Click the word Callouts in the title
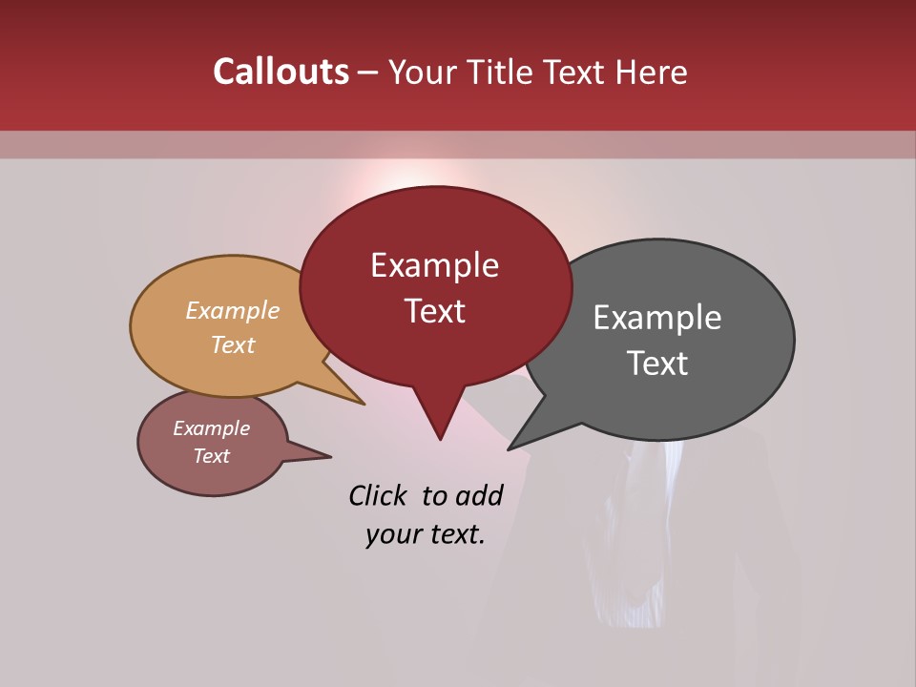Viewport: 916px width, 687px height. pyautogui.click(x=281, y=72)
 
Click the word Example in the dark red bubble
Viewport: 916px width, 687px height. pyautogui.click(x=434, y=265)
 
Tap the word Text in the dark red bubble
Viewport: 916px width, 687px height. pyautogui.click(x=434, y=311)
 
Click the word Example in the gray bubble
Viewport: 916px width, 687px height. pyautogui.click(x=657, y=318)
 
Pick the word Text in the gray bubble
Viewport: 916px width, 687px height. pyautogui.click(x=657, y=364)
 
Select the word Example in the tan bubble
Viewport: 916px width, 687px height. pyautogui.click(x=233, y=310)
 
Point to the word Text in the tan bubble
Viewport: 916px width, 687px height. pyautogui.click(x=233, y=344)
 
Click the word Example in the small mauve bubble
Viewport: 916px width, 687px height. pyautogui.click(x=211, y=428)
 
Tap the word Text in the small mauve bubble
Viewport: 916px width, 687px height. pyautogui.click(x=211, y=456)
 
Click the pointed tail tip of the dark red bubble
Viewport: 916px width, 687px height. pyautogui.click(x=440, y=439)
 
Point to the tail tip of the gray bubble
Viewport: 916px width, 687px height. pyautogui.click(x=510, y=448)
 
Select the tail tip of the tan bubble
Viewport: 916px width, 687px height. pyautogui.click(x=364, y=404)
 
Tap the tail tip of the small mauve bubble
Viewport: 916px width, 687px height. pyautogui.click(x=330, y=456)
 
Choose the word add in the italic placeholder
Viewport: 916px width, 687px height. pyautogui.click(x=479, y=495)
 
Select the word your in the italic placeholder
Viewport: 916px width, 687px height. pyautogui.click(x=392, y=534)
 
